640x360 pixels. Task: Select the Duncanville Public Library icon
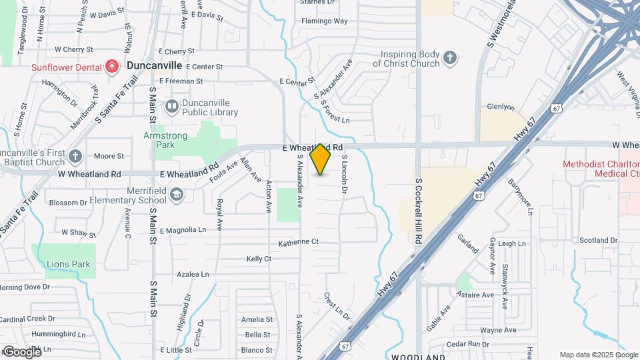[x=172, y=105]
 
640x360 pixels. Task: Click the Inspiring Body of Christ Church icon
[x=451, y=58]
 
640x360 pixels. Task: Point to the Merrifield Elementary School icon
[x=176, y=194]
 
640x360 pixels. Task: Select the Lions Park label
[x=68, y=264]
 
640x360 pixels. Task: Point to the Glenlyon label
[x=501, y=106]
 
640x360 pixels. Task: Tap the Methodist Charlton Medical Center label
[x=601, y=169]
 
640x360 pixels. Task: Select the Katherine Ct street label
[x=299, y=242]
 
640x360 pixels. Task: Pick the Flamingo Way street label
[x=325, y=21]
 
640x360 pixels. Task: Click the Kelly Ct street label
[x=259, y=258]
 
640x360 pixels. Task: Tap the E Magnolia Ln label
[x=183, y=229]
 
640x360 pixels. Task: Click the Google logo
[x=21, y=351]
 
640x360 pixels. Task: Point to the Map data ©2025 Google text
[x=597, y=355]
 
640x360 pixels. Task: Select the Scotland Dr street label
[x=598, y=240]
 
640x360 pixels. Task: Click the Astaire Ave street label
[x=478, y=295]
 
